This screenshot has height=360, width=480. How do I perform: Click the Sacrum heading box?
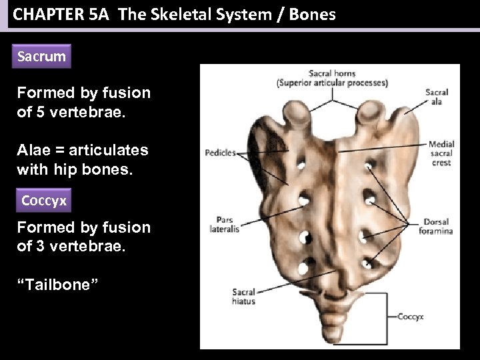click(41, 57)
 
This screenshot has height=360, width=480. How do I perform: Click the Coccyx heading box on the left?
click(43, 201)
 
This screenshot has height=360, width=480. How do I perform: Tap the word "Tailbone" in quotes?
click(58, 285)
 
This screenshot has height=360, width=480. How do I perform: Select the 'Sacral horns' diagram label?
click(332, 73)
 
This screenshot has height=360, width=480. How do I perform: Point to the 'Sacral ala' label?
click(437, 97)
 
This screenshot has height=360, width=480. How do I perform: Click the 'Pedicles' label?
click(220, 153)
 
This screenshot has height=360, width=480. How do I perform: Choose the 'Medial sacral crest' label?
click(441, 153)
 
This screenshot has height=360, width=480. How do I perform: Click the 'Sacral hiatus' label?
click(243, 297)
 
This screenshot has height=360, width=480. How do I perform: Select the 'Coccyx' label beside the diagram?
click(410, 317)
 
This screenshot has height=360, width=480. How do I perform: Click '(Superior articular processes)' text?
click(332, 83)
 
